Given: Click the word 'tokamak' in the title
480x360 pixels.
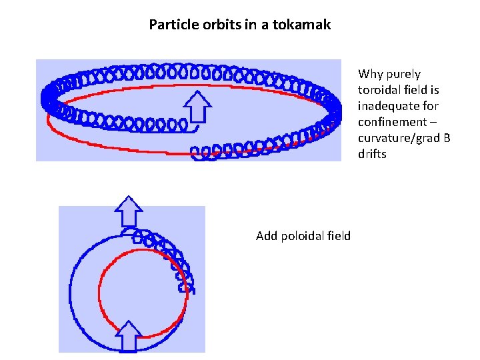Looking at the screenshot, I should tap(304, 25).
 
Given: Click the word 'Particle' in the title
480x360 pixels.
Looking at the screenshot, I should tap(171, 25).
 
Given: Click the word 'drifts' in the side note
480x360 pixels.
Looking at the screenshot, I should tap(372, 154).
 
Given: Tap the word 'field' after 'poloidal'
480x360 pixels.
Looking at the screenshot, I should tap(339, 235).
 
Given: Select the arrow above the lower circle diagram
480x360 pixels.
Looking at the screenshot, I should tap(129, 213).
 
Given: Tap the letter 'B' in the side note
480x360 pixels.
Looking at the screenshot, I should tap(446, 138).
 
